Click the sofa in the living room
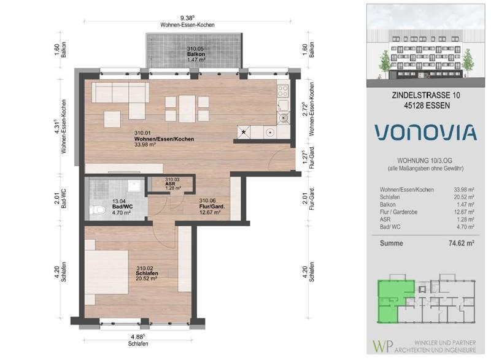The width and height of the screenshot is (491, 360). point(121,93)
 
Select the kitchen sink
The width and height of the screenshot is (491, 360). point(283,115)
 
